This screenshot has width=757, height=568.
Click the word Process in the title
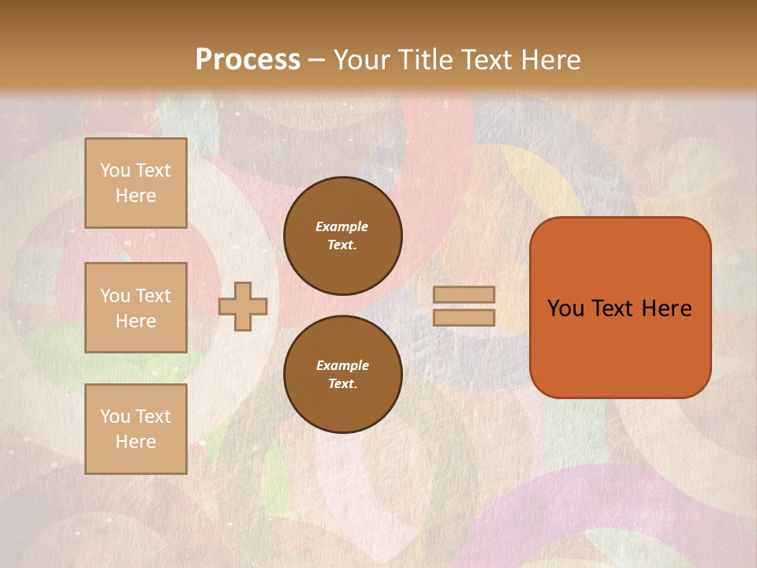pos(248,60)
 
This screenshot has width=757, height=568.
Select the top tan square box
pos(136,183)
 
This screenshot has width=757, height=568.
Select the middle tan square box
pos(136,308)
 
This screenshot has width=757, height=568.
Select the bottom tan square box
pos(136,429)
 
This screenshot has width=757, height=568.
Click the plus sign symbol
pos(243,306)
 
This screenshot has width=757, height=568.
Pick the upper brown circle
pos(343,236)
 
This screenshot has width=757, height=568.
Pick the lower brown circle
pos(343,375)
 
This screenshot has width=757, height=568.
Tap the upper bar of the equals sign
pos(464,294)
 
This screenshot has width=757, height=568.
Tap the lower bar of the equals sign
pos(464,317)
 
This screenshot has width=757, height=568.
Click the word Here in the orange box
pos(666,308)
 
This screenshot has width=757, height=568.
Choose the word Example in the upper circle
pos(341,226)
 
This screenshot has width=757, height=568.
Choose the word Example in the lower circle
pos(342,365)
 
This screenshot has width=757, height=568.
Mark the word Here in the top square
pos(136,196)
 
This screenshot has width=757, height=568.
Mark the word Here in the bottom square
pos(136,442)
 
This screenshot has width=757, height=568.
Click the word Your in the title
pos(360,60)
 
